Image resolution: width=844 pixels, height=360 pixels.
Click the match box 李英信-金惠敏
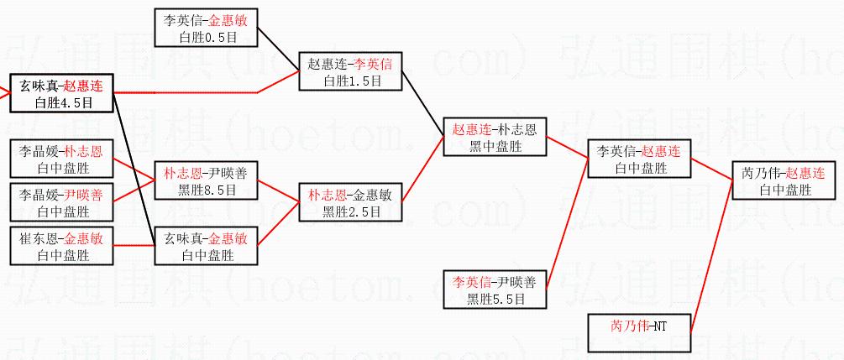pyautogui.click(x=207, y=28)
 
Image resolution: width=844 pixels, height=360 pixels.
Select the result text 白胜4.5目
pyautogui.click(x=61, y=103)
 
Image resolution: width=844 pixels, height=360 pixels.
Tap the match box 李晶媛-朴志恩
pyautogui.click(x=61, y=160)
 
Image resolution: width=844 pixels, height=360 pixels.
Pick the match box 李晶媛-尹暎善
pyautogui.click(x=61, y=202)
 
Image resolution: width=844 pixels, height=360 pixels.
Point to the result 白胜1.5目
pyautogui.click(x=351, y=81)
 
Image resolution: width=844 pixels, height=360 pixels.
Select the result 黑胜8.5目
pyautogui.click(x=206, y=190)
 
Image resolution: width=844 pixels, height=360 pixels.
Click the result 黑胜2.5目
pyautogui.click(x=351, y=211)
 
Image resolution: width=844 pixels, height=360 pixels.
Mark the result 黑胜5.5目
pyautogui.click(x=495, y=298)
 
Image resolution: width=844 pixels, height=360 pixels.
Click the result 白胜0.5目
pyautogui.click(x=207, y=37)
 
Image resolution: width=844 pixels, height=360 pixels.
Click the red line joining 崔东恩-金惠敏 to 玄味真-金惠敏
pyautogui.click(x=134, y=246)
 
